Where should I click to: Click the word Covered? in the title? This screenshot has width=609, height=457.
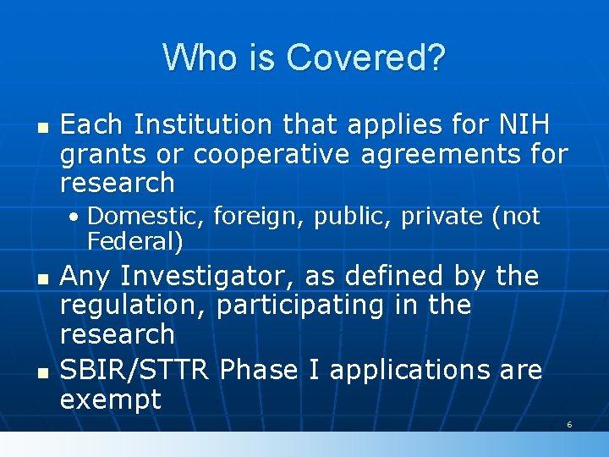click(365, 58)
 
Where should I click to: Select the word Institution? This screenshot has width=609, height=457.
click(202, 125)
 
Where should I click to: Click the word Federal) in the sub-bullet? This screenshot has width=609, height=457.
click(134, 242)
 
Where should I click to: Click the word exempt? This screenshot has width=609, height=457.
click(111, 399)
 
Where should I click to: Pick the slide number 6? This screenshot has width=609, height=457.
click(569, 424)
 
